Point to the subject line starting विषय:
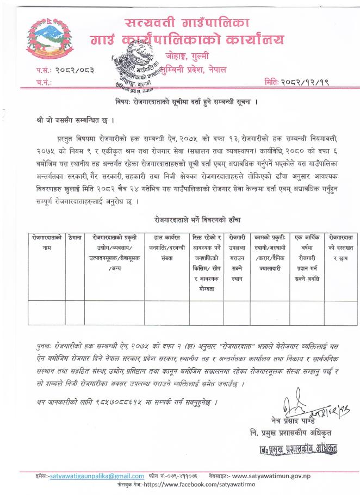pyautogui.click(x=179, y=102)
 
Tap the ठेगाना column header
pyautogui.click(x=75, y=238)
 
